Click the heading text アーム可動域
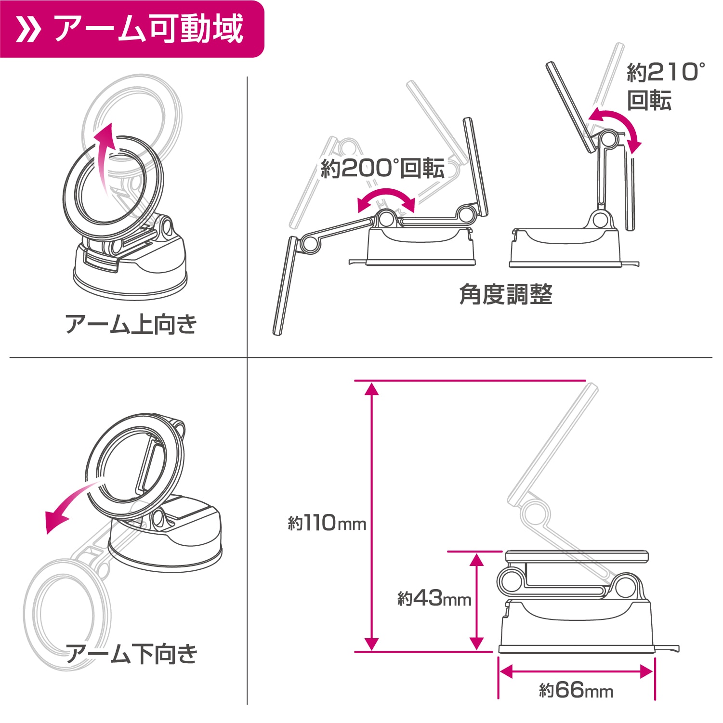[x=149, y=29]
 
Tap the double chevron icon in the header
[x=27, y=29]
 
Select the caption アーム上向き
[x=131, y=324]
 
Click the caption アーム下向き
[x=131, y=654]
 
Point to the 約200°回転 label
[x=383, y=168]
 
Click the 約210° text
[x=666, y=72]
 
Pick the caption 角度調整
[x=506, y=294]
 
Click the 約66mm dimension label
[x=576, y=690]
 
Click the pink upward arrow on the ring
[x=105, y=159]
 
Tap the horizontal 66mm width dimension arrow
[x=576, y=671]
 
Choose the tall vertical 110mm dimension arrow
[x=371, y=516]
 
